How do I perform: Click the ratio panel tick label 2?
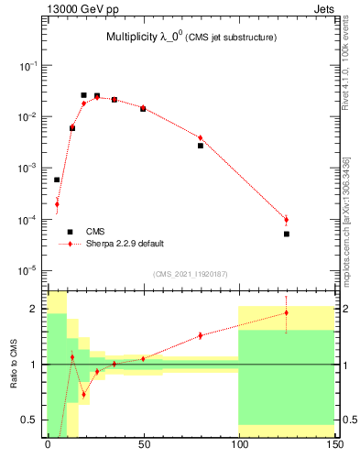click(36, 309)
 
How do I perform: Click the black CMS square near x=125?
click(287, 234)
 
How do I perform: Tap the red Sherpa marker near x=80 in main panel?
click(201, 138)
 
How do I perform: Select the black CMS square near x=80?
click(201, 146)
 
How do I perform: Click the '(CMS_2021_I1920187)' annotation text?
click(190, 274)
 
